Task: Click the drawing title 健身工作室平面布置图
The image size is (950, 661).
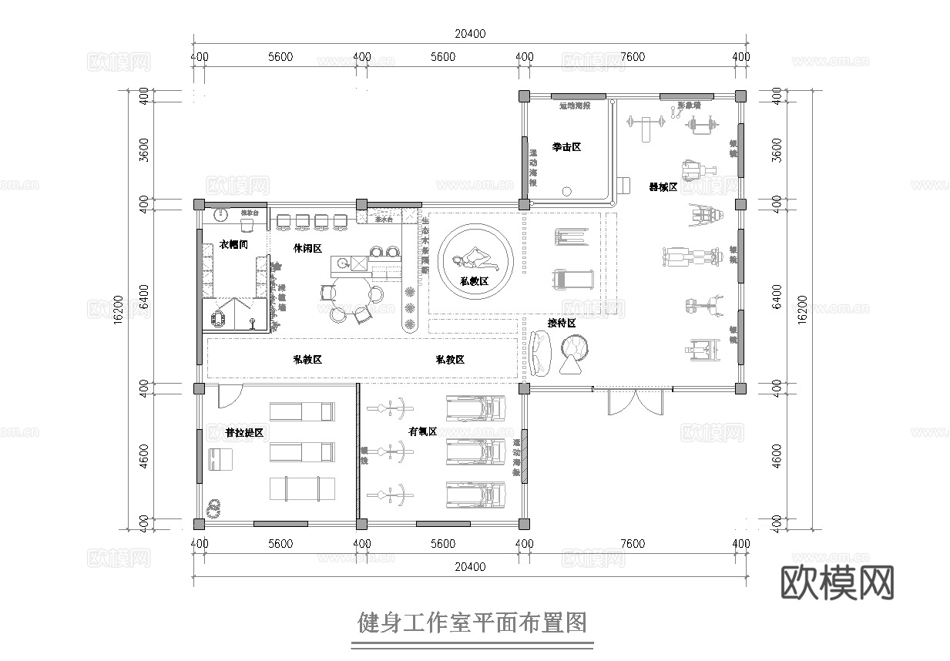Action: coord(472,621)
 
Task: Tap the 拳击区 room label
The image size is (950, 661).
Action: coord(566,146)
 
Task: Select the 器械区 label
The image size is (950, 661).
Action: coord(663,187)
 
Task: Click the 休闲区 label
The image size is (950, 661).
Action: coord(307,248)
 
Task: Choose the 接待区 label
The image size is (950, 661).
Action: coord(562,323)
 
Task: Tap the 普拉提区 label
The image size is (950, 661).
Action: coord(244,433)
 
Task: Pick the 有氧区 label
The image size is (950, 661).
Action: coord(423,431)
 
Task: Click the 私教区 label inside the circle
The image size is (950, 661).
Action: coord(475,281)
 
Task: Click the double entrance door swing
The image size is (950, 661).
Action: coord(632,402)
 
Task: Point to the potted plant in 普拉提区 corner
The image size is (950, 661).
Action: coord(213,506)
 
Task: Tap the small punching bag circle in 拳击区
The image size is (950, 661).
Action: coord(568,190)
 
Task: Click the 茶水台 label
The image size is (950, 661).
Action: coord(384,220)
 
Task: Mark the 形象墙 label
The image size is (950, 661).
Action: coord(689,106)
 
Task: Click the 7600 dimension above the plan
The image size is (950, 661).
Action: coord(632,57)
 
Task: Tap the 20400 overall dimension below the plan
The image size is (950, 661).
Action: coord(470,566)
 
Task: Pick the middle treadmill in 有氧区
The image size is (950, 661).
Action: coord(476,452)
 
